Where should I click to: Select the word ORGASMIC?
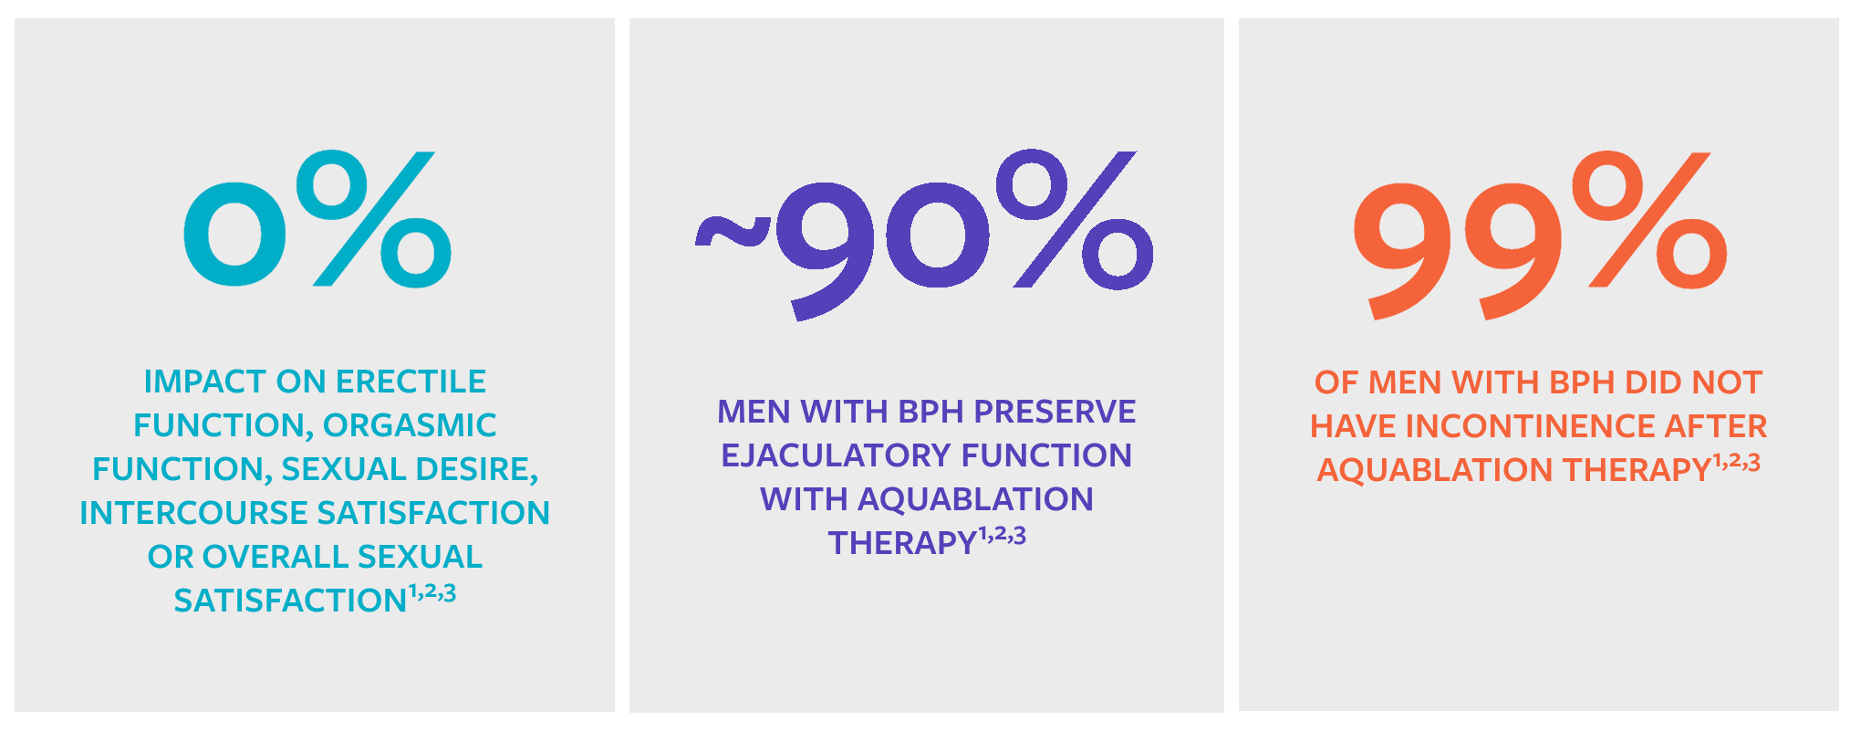point(410,425)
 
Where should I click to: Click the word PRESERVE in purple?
point(1055,412)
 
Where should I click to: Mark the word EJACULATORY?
point(824,455)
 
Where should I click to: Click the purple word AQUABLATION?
point(975,499)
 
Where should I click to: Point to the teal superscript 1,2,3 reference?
point(431,593)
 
